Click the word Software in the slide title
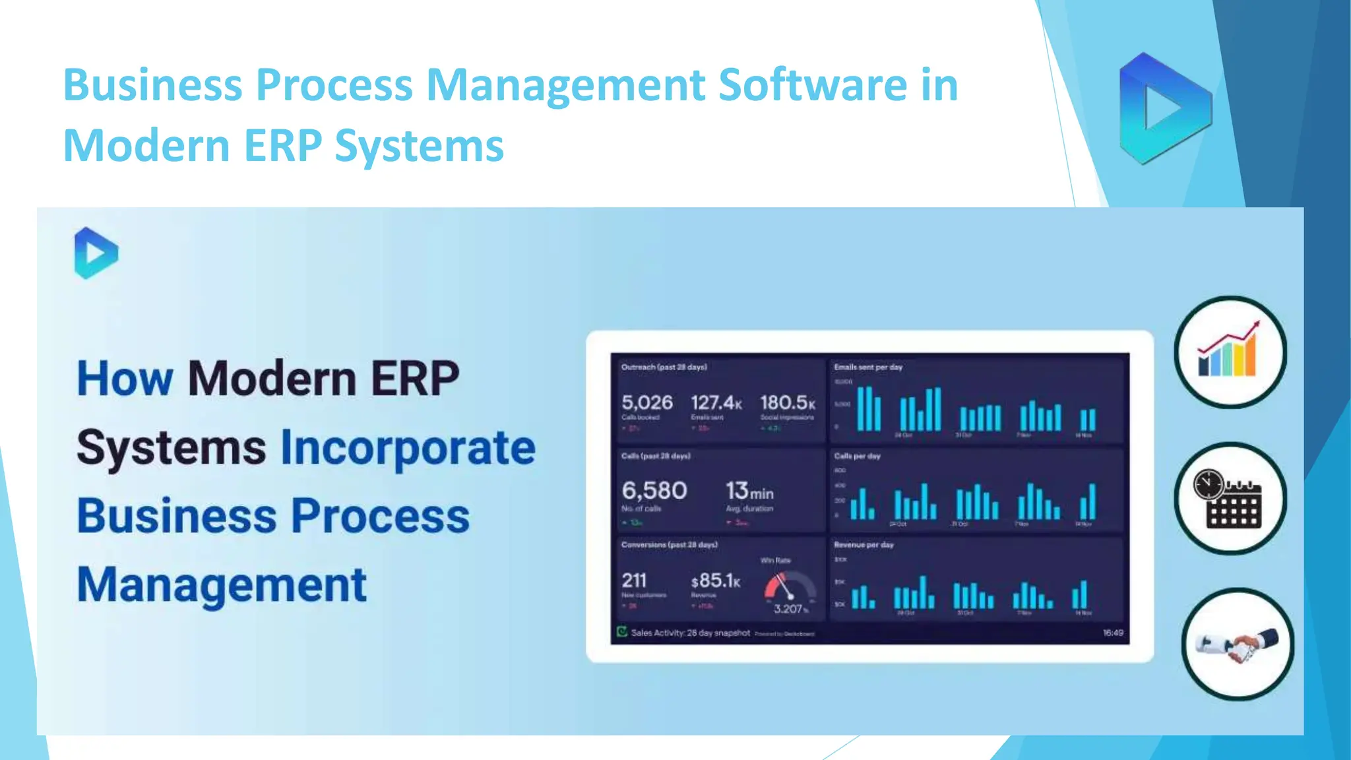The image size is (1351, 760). point(812,85)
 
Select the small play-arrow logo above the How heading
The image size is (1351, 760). point(96,253)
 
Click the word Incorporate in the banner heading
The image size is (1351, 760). point(408,448)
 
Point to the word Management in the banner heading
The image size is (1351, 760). point(222,585)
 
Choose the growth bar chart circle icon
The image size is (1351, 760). point(1230,352)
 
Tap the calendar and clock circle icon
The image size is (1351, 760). point(1230,498)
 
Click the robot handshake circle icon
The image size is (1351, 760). point(1238,644)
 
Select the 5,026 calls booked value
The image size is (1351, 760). point(647,402)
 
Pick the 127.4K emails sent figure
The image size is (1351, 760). point(716,402)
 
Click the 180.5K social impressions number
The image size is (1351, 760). point(787,402)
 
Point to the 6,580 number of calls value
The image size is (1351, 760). point(654,491)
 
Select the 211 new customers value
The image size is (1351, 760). point(634,581)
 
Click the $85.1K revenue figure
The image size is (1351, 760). point(716,581)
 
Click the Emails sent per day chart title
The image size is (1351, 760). point(867,367)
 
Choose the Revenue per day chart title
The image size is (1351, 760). point(864,545)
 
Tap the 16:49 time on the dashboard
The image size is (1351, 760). point(1113,633)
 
